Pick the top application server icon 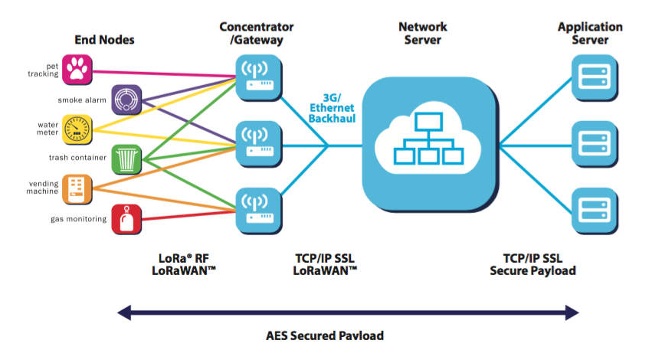click(x=594, y=77)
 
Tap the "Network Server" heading click(x=423, y=33)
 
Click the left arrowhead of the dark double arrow click(x=123, y=312)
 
